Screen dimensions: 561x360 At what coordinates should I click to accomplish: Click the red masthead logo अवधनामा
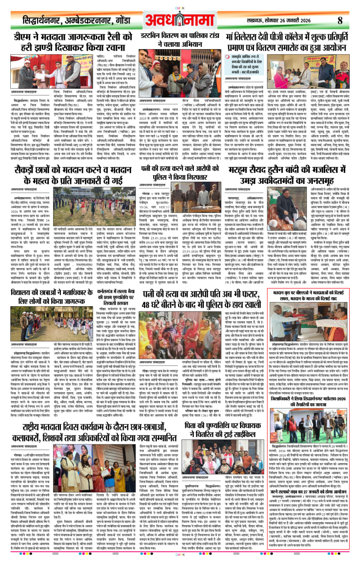click(x=180, y=20)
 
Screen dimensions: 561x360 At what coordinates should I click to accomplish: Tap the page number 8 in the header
click(x=340, y=20)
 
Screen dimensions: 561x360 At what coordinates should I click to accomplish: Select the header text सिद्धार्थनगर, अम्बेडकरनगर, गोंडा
click(x=77, y=20)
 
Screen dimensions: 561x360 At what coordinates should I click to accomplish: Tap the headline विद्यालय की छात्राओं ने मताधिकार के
click(x=52, y=296)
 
